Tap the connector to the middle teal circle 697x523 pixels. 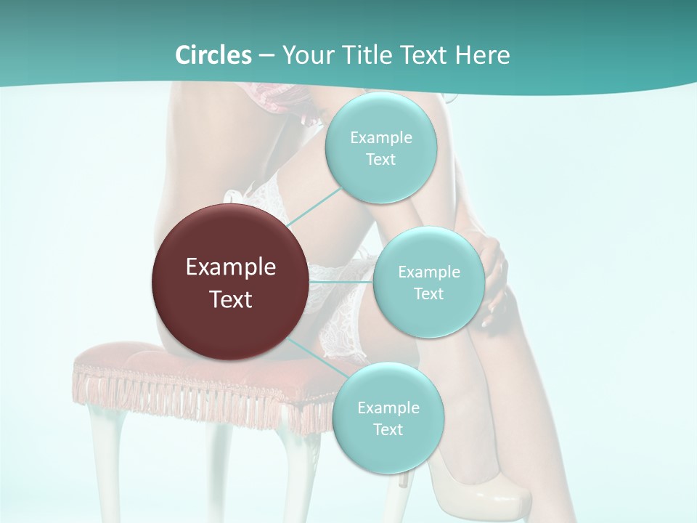coord(341,281)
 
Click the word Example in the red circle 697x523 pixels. coord(231,267)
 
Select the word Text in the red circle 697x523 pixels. coord(231,299)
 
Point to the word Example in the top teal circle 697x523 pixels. coord(380,138)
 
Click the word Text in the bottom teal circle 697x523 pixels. coord(388,430)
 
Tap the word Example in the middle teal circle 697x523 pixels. coord(428,272)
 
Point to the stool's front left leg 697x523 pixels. coord(102,458)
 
